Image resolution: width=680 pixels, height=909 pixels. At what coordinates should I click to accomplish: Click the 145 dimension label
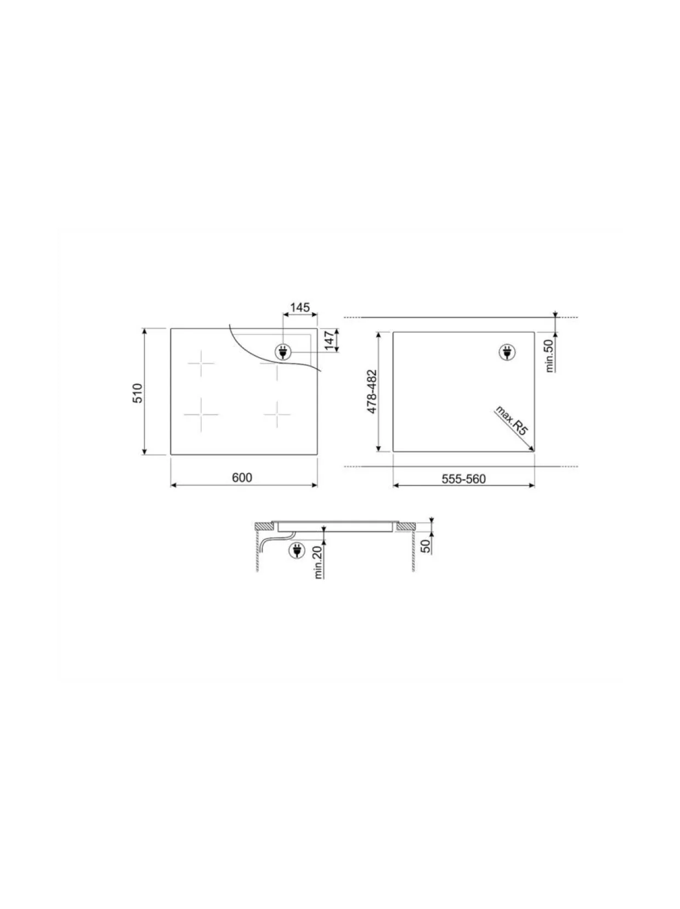(299, 307)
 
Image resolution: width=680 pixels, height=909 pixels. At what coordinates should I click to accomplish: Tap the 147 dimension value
(330, 340)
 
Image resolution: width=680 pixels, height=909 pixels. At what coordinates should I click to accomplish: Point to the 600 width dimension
(242, 478)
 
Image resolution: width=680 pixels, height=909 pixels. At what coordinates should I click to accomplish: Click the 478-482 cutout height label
(372, 391)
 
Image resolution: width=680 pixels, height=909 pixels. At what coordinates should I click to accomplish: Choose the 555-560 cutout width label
(464, 479)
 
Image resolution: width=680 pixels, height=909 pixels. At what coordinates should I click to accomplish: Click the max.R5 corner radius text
(512, 421)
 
